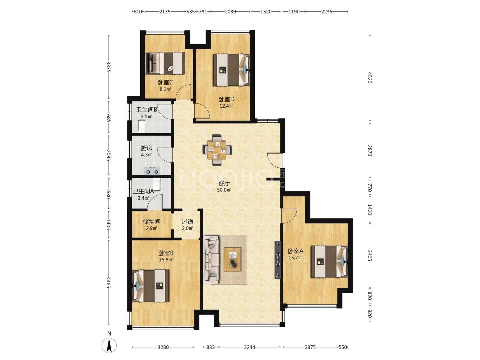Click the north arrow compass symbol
pyautogui.click(x=109, y=345)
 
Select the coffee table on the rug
pyautogui.click(x=232, y=259)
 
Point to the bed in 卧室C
pyautogui.click(x=165, y=63)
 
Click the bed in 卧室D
pyautogui.click(x=232, y=70)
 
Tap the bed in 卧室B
pyautogui.click(x=151, y=286)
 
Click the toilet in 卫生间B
pyautogui.click(x=142, y=126)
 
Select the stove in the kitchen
pyautogui.click(x=152, y=171)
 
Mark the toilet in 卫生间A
pyautogui.click(x=157, y=184)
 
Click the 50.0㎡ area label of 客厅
pyautogui.click(x=224, y=190)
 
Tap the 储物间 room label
pyautogui.click(x=152, y=221)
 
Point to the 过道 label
pyautogui.click(x=187, y=221)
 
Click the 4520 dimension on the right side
pyautogui.click(x=369, y=78)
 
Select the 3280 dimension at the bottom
pyautogui.click(x=163, y=347)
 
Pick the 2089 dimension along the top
pyautogui.click(x=230, y=12)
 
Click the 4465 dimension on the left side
pyautogui.click(x=108, y=283)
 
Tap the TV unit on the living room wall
pyautogui.click(x=278, y=260)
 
